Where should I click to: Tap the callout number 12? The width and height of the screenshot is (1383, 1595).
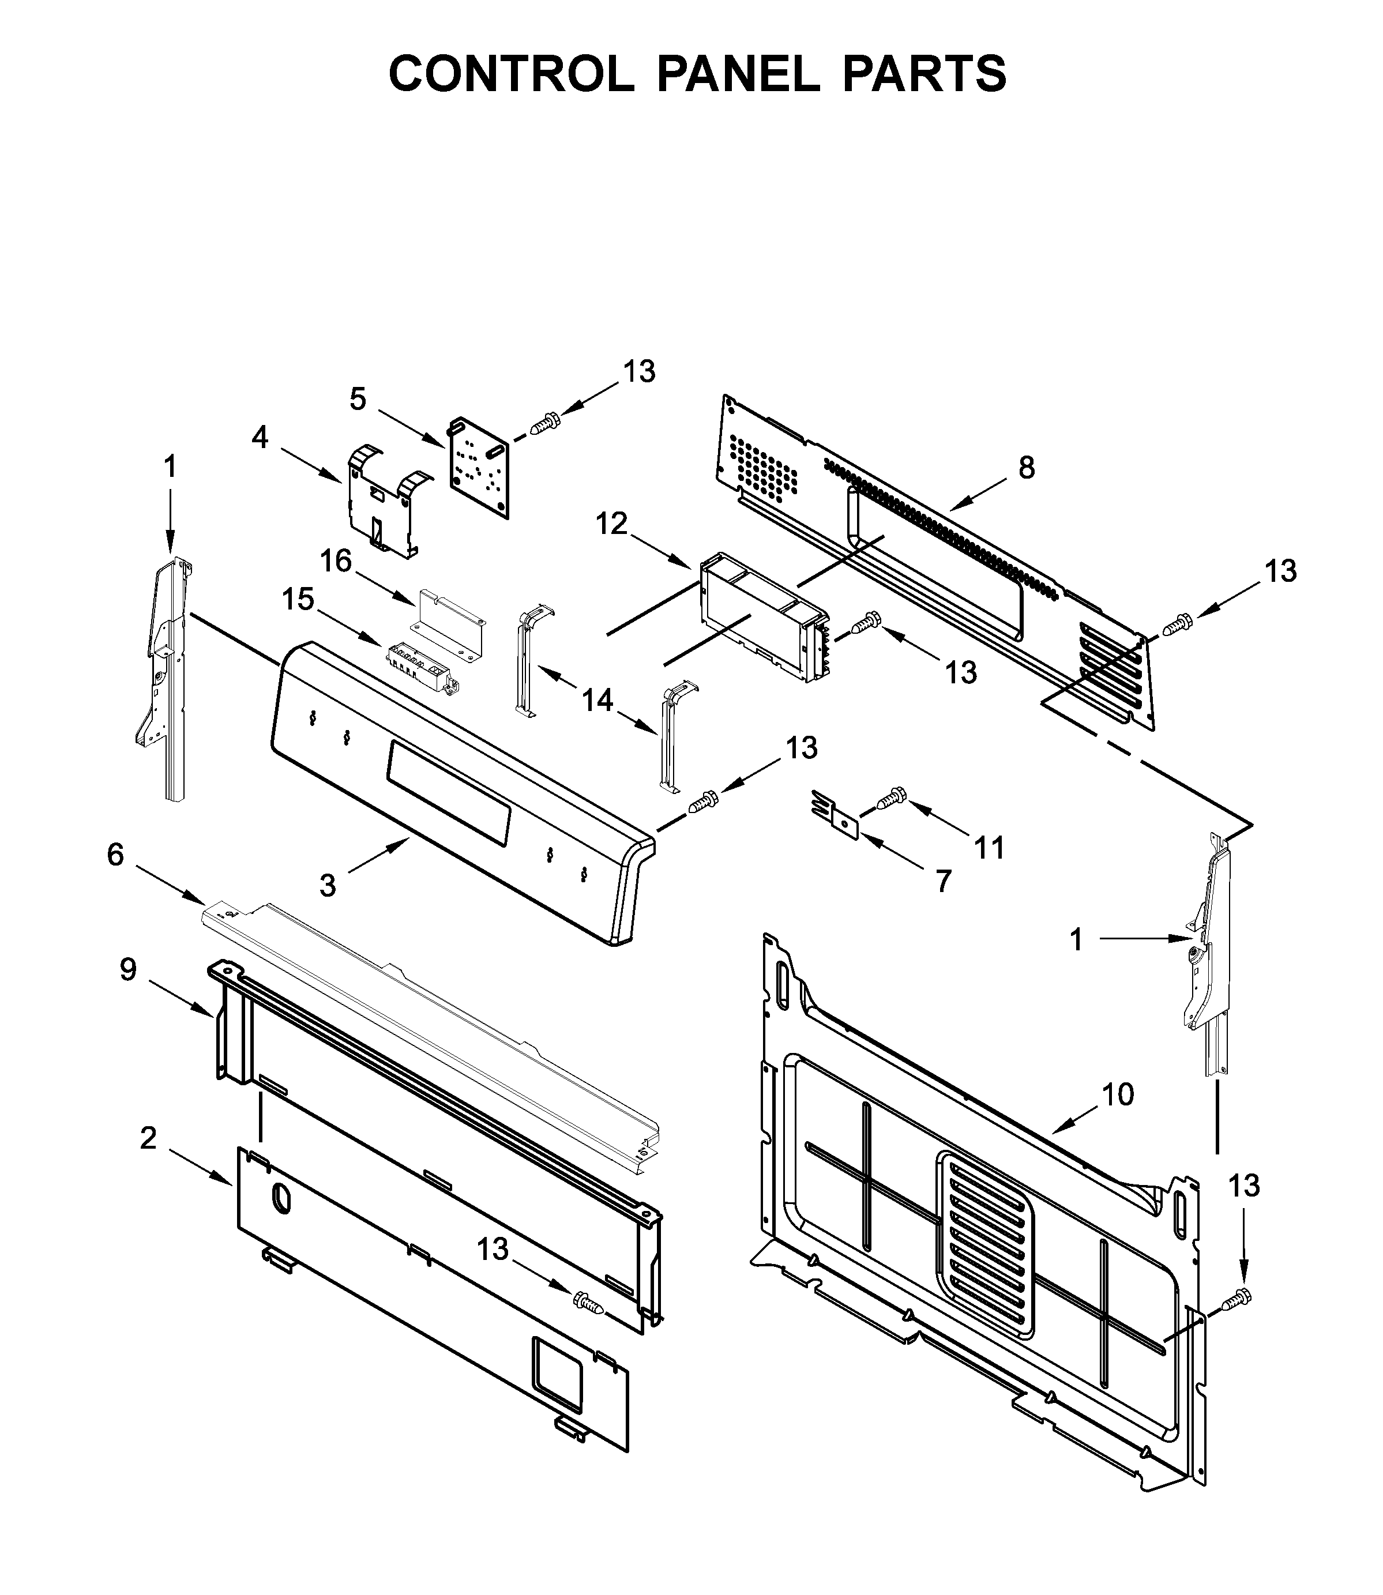611,524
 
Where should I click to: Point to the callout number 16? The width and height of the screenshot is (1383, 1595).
336,561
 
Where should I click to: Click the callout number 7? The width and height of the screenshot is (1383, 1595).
943,881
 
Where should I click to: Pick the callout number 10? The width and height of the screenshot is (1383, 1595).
1118,1094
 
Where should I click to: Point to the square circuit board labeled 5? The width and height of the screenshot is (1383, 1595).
479,468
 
